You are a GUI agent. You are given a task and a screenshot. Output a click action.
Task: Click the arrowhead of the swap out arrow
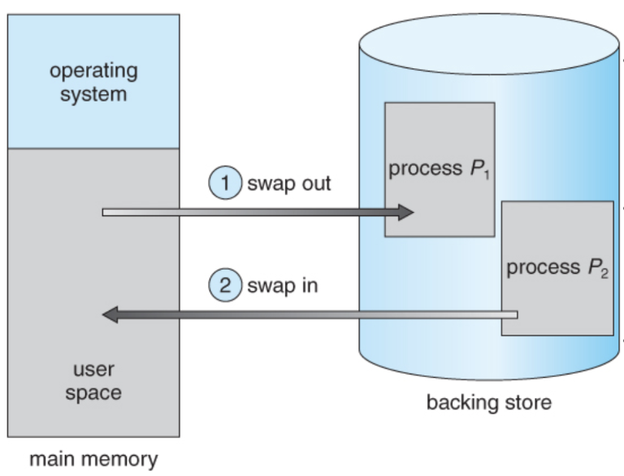(x=406, y=213)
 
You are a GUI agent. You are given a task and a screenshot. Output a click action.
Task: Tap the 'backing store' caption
(x=489, y=402)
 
